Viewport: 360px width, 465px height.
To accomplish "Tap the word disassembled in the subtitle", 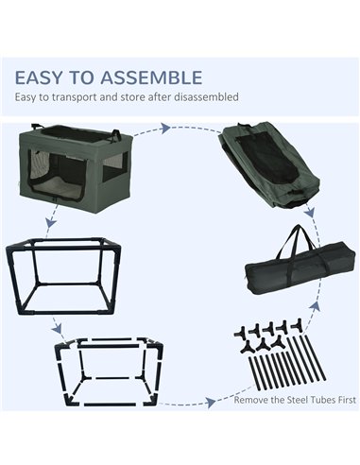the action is [201, 96].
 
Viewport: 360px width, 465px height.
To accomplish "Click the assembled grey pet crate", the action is [76, 166].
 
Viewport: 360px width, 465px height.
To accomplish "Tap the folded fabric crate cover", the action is [269, 164].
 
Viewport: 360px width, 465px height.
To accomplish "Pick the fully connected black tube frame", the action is [63, 277].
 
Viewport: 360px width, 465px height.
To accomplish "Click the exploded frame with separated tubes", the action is [109, 372].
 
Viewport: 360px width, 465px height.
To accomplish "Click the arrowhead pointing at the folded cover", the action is [164, 129].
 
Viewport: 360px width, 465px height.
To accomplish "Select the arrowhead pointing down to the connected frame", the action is [51, 223].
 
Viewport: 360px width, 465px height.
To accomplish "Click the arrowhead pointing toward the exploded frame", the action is [57, 329].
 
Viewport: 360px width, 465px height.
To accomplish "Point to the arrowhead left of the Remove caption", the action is [210, 403].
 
